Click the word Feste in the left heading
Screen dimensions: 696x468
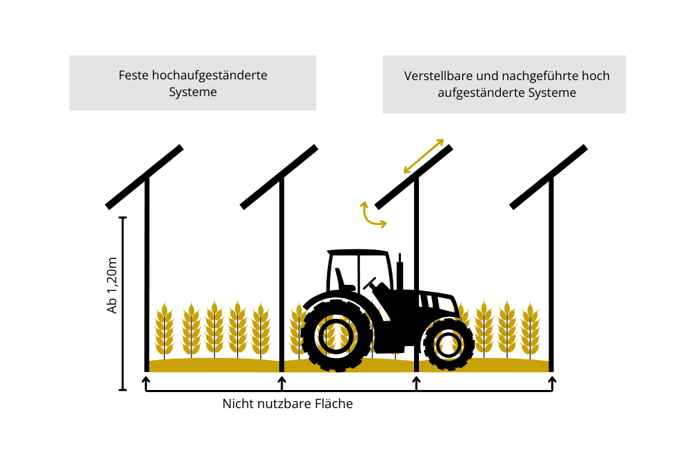[x=134, y=75]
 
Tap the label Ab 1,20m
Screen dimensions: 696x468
[x=112, y=286]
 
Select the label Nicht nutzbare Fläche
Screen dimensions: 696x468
[x=287, y=404]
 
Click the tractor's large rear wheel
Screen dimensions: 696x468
[x=336, y=336]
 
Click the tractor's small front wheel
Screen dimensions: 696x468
[x=449, y=344]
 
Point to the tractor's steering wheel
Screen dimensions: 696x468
[x=370, y=283]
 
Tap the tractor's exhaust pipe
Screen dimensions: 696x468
[x=400, y=271]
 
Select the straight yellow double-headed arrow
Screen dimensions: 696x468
[x=423, y=156]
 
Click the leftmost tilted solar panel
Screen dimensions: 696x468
[x=144, y=177]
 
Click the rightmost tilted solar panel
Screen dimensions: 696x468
[x=548, y=177]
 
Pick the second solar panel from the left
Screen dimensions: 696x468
[x=279, y=177]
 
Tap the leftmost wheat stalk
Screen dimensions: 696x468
[x=164, y=329]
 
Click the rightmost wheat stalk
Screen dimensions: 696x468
[x=530, y=329]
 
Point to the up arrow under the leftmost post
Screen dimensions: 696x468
[x=145, y=384]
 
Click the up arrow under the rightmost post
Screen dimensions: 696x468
[x=552, y=384]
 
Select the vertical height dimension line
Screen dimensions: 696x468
[x=123, y=304]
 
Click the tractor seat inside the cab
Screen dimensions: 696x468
[x=343, y=280]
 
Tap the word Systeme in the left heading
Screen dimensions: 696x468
[x=193, y=92]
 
